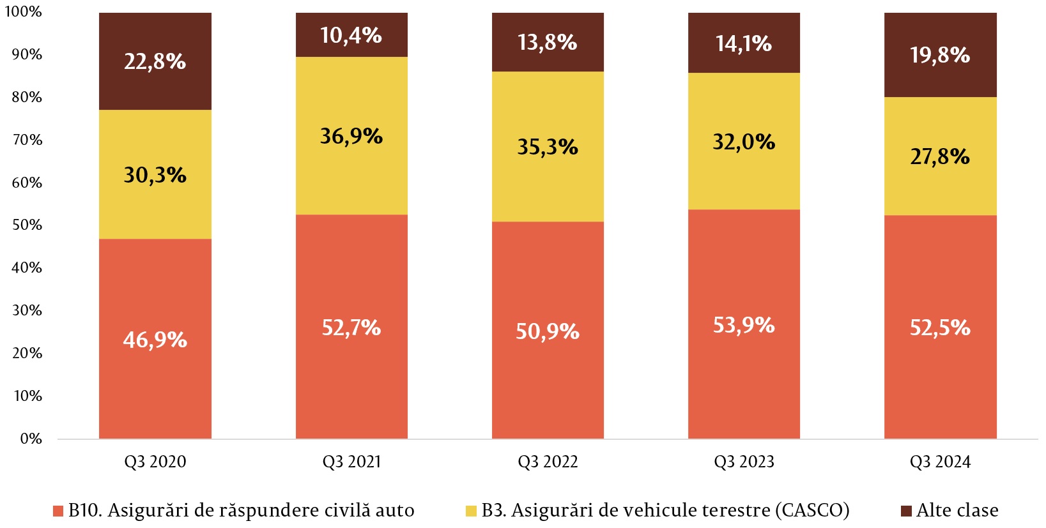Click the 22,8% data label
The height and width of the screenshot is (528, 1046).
click(x=155, y=62)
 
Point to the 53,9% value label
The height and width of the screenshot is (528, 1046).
click(x=744, y=326)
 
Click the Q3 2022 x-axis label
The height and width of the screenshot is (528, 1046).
click(x=548, y=462)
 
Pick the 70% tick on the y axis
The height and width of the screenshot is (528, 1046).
click(x=27, y=140)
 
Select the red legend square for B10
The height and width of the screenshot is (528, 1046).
click(x=58, y=511)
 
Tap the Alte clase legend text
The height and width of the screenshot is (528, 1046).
click(x=957, y=511)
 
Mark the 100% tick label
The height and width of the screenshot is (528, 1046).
click(x=23, y=12)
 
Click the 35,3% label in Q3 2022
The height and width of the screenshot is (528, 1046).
click(x=548, y=147)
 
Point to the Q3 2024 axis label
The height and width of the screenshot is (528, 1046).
click(x=940, y=462)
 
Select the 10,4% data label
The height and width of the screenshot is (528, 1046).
click(x=351, y=36)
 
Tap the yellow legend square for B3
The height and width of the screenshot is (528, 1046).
click(x=472, y=511)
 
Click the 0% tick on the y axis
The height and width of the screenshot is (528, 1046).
click(x=31, y=439)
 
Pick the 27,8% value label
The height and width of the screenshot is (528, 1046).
click(x=940, y=156)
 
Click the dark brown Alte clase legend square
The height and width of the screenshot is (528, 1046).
click(x=906, y=511)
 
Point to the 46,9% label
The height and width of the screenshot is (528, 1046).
click(x=155, y=340)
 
